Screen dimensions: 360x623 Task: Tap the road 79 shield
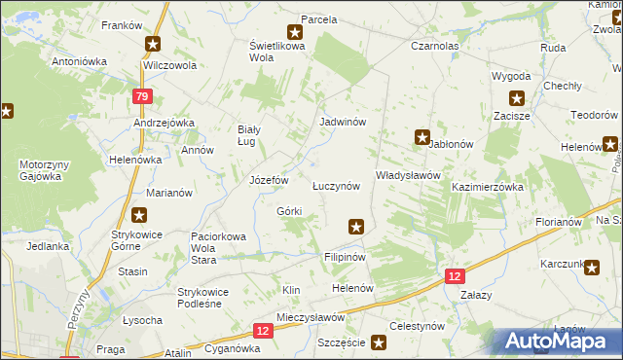point(142,96)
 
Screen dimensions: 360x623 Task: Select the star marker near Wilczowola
point(154,44)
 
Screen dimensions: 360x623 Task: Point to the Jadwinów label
point(343,123)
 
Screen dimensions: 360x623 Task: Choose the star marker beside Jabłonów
point(422,137)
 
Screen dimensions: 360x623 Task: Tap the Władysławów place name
point(409,175)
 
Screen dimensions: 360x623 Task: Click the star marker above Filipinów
point(356,227)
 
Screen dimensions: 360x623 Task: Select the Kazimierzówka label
point(488,186)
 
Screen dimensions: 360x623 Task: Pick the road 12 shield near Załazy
point(456,276)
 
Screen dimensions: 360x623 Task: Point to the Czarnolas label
point(434,46)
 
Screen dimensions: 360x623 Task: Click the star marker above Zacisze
point(516,97)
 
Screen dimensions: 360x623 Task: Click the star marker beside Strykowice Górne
point(140,215)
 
